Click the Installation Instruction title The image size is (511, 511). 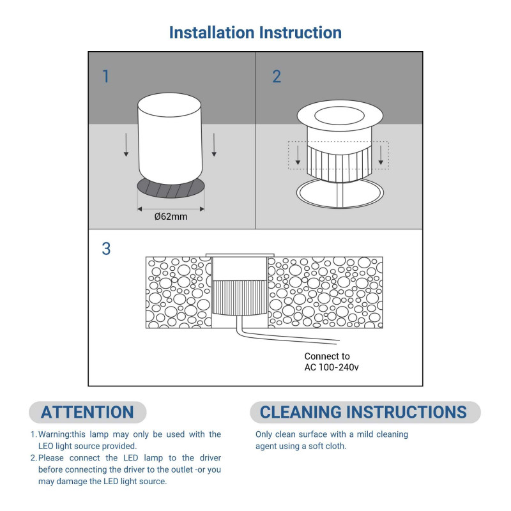[255, 33]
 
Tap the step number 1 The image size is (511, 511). [105, 77]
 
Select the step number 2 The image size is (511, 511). [277, 77]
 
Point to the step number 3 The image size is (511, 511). [106, 248]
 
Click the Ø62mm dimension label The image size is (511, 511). [171, 217]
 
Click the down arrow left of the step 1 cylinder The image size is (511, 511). [126, 145]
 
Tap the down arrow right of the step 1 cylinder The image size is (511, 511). [214, 145]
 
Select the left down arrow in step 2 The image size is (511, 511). [298, 155]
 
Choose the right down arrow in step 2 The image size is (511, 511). [381, 155]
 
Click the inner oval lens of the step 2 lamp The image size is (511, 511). [339, 116]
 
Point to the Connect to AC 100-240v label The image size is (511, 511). [332, 362]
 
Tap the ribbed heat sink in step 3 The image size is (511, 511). [240, 298]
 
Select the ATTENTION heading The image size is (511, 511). [88, 412]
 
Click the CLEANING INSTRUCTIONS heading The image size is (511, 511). [363, 412]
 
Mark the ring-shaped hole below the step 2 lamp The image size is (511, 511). [340, 193]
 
